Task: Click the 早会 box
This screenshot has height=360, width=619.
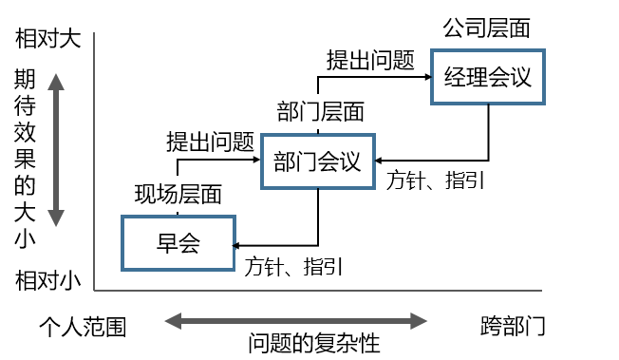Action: (178, 241)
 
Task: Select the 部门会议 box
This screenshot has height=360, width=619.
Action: (317, 161)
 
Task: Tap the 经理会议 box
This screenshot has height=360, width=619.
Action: (488, 77)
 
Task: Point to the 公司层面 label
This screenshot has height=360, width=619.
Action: (486, 28)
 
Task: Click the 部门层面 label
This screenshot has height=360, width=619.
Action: (320, 112)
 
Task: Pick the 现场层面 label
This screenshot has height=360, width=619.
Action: (178, 195)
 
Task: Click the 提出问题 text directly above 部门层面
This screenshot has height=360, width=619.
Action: (370, 62)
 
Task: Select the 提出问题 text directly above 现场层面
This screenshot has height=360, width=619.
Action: (210, 143)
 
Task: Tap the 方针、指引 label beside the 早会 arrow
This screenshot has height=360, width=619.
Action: (293, 266)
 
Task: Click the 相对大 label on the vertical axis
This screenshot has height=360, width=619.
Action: (48, 39)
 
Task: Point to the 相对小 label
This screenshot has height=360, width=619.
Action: (48, 280)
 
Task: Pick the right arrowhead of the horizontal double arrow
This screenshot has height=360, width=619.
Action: (421, 320)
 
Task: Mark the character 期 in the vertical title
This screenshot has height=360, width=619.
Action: (26, 81)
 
